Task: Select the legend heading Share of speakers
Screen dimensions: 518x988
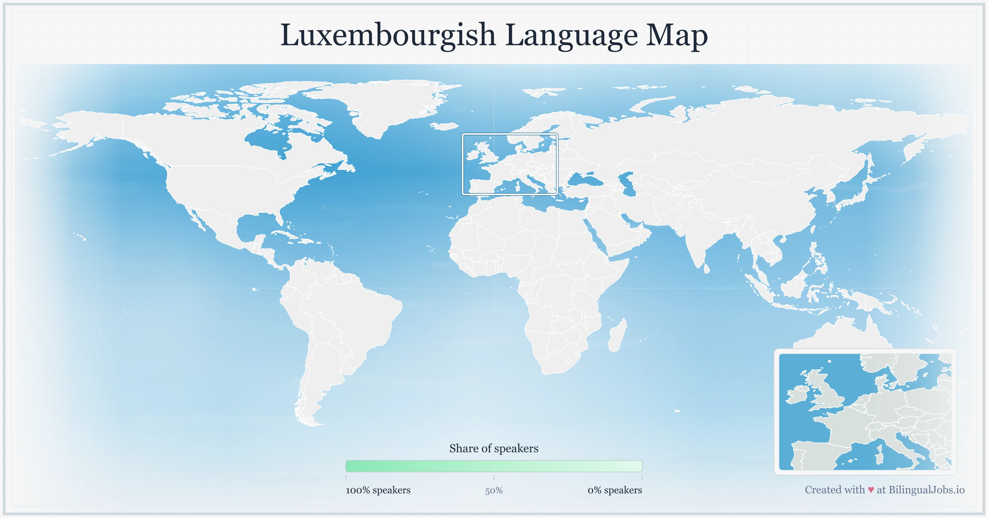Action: tap(494, 448)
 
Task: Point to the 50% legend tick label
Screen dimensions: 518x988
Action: tap(494, 491)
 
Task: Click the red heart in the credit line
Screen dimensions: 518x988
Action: tap(871, 490)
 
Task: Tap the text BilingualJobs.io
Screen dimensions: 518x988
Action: tap(926, 490)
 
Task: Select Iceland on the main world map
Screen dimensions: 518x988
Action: tap(445, 126)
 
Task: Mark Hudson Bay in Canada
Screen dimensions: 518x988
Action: tap(269, 140)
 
